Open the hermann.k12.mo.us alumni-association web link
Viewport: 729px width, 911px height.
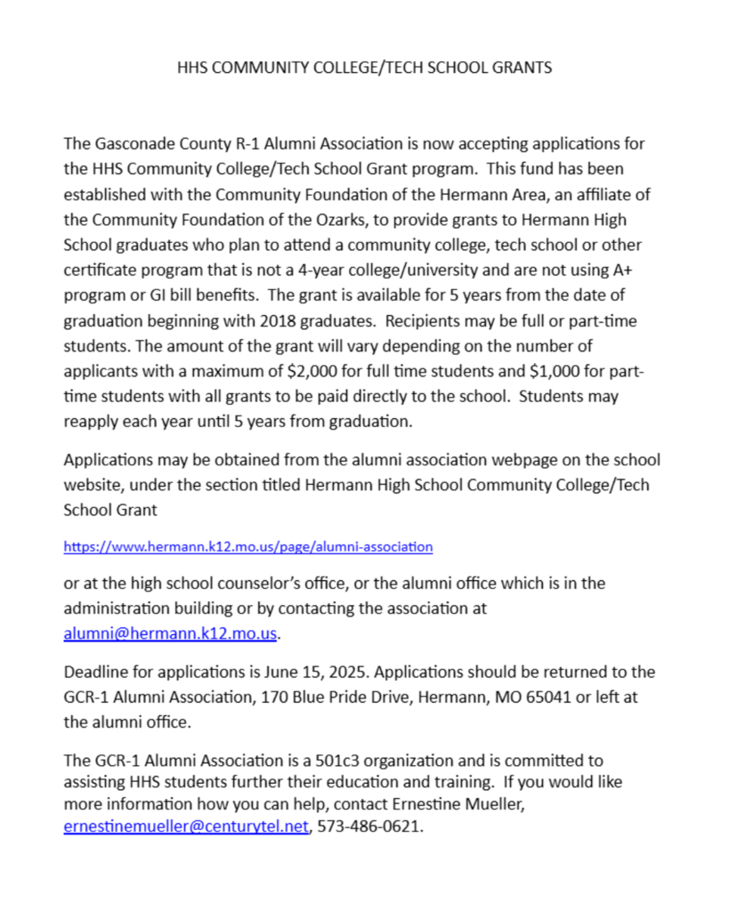(248, 546)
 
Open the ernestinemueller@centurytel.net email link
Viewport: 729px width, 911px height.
(186, 826)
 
